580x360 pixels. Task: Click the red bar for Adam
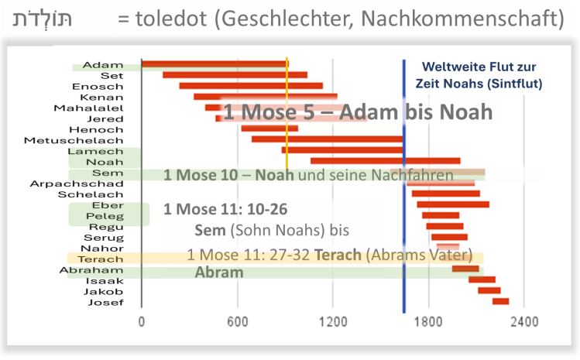[214, 64]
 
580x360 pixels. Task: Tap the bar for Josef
[500, 301]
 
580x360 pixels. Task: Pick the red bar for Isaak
[482, 279]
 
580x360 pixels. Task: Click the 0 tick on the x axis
[142, 321]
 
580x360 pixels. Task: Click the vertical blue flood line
[403, 232]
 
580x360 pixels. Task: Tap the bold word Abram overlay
[219, 273]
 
